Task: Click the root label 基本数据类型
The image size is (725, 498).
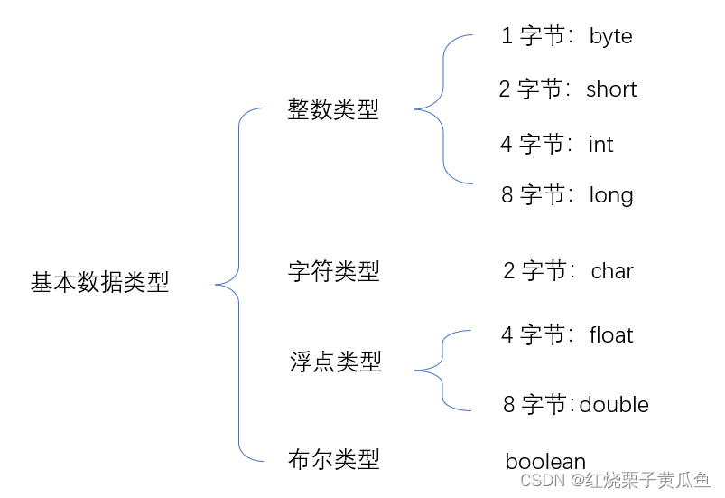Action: tap(100, 283)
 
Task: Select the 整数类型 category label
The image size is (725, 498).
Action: tap(333, 110)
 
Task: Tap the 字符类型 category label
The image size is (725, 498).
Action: tap(333, 271)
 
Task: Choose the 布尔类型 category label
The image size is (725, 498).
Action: tap(333, 459)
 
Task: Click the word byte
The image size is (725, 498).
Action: tap(610, 36)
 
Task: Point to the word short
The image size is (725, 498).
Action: tap(611, 89)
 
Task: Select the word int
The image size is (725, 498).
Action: tap(600, 145)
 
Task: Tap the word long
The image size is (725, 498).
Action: tap(611, 195)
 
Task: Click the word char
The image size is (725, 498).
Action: tap(612, 271)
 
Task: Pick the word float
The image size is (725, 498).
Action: tap(611, 335)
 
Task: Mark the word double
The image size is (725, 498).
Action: tap(614, 404)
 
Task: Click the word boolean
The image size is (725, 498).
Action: tap(545, 462)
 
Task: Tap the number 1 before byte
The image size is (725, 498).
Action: tap(507, 36)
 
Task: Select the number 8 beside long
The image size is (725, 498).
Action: tap(507, 194)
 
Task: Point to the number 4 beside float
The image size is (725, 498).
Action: tap(507, 335)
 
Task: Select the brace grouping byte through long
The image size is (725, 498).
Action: tap(443, 109)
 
